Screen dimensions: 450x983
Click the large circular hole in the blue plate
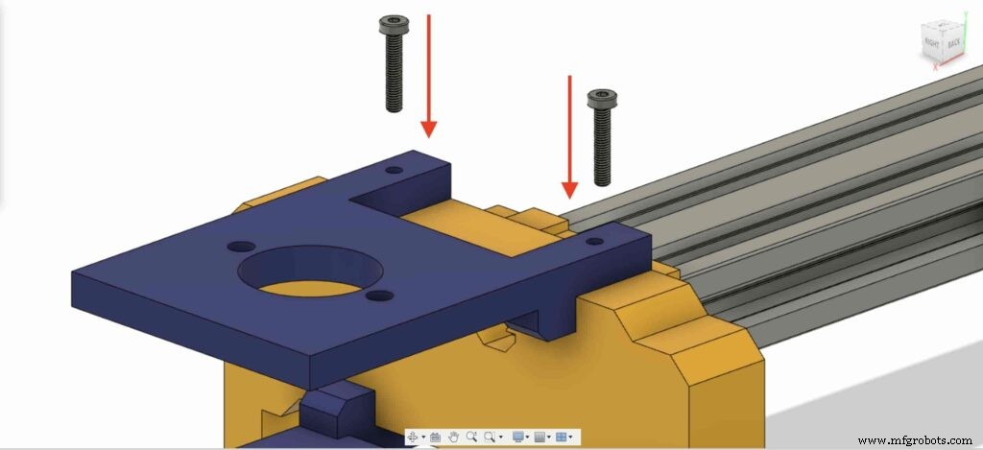(303, 272)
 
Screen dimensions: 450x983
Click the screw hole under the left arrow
(394, 170)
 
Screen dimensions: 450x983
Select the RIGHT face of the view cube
(931, 43)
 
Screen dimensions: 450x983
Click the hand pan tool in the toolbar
(454, 437)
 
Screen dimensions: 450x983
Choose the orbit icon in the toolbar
(414, 437)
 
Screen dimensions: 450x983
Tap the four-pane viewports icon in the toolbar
(562, 437)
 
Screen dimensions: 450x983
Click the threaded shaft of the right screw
(602, 144)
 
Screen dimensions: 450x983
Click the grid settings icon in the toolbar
(539, 437)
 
